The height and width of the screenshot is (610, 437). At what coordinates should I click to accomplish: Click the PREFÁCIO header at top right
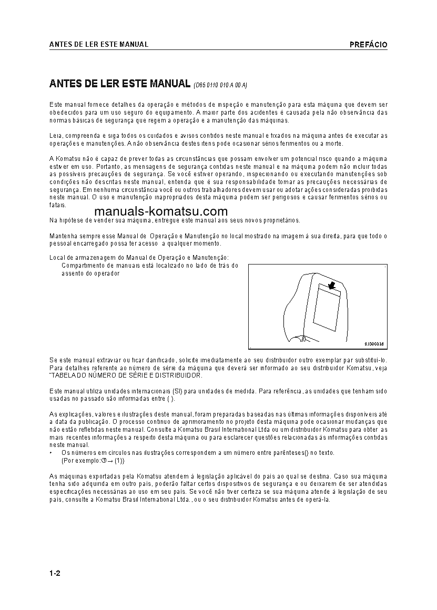coord(368,45)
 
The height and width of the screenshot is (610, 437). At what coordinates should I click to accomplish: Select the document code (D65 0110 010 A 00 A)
coord(220,84)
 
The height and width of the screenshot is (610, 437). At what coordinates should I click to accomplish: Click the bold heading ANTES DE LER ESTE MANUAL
coord(119,83)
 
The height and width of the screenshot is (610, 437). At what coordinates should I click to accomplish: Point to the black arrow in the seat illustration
coord(331,286)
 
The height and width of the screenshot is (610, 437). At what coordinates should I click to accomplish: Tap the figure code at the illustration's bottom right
coord(374,344)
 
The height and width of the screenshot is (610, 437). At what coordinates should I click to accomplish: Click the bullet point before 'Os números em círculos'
coord(50,453)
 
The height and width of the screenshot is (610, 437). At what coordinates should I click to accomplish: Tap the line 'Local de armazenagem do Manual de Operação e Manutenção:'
coord(139,258)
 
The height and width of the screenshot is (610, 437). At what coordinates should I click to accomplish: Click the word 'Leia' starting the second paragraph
coord(55,136)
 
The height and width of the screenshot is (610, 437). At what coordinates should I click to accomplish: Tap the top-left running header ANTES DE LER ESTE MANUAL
coord(98,45)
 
